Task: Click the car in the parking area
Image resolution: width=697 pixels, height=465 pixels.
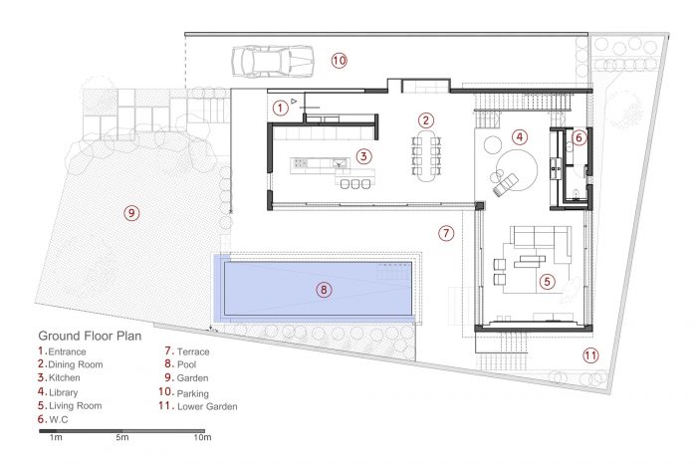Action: (273, 62)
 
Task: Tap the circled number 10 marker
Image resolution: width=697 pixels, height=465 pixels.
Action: (339, 60)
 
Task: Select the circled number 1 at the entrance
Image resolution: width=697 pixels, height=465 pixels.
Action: (280, 108)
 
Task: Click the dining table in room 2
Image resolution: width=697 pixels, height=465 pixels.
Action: (426, 155)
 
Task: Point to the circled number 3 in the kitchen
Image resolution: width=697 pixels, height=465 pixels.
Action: (363, 156)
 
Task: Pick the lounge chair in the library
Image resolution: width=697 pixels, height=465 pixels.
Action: (506, 183)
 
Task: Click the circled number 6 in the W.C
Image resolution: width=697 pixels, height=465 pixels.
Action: (579, 137)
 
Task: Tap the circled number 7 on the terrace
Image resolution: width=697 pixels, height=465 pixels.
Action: (446, 233)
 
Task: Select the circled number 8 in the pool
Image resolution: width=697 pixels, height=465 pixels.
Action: (324, 290)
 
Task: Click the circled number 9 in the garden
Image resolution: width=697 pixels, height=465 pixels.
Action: (131, 213)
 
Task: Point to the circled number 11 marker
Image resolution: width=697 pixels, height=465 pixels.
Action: (590, 355)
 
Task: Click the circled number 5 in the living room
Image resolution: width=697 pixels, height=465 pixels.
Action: (547, 281)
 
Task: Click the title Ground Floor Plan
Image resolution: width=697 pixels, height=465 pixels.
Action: (90, 336)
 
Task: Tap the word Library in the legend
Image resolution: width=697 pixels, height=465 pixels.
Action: (63, 392)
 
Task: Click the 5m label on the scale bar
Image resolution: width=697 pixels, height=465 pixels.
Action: (122, 437)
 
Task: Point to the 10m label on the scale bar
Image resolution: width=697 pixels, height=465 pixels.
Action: (202, 437)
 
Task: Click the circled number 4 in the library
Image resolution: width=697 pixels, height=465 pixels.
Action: (520, 137)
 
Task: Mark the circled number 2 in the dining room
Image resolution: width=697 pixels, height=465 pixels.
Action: (425, 120)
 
